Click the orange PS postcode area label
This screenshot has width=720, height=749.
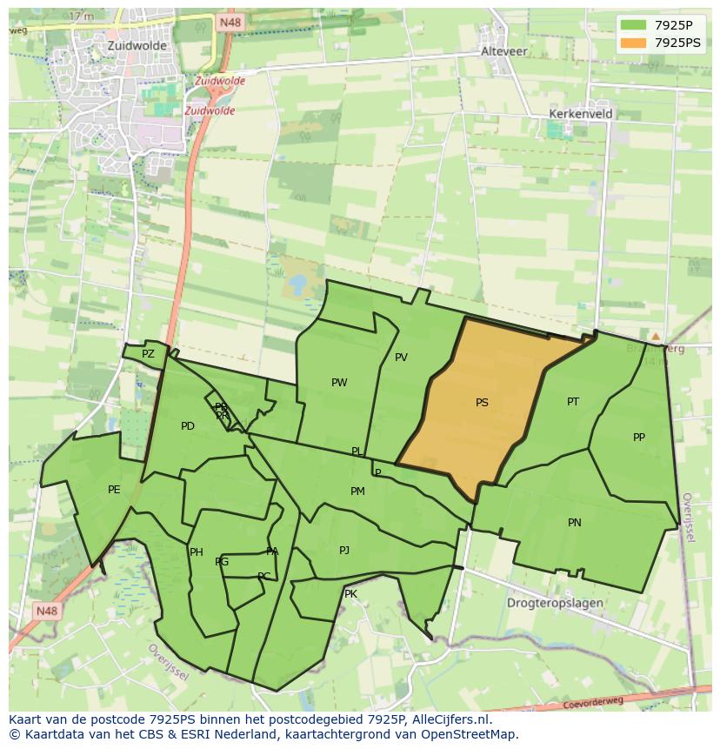(x=482, y=403)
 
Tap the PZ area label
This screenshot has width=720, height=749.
(x=148, y=354)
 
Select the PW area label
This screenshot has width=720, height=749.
(x=339, y=383)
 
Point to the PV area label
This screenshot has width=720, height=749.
(x=401, y=358)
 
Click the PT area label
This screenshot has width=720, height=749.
(x=573, y=402)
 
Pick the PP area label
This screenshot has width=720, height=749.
(x=639, y=438)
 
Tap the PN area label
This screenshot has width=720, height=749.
(x=574, y=523)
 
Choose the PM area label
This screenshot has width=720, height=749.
(x=357, y=492)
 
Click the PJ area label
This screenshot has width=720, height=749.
(x=344, y=551)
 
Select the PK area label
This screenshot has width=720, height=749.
(x=350, y=594)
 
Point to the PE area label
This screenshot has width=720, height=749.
(x=114, y=490)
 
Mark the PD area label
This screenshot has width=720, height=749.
(x=188, y=426)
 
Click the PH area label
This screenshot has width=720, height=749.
(x=197, y=552)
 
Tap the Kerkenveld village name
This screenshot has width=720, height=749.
(x=581, y=114)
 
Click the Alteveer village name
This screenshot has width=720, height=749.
(x=504, y=51)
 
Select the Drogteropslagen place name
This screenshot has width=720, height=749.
(x=556, y=603)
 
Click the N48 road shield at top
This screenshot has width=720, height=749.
(x=230, y=23)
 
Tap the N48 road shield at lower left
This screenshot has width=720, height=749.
(x=47, y=612)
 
